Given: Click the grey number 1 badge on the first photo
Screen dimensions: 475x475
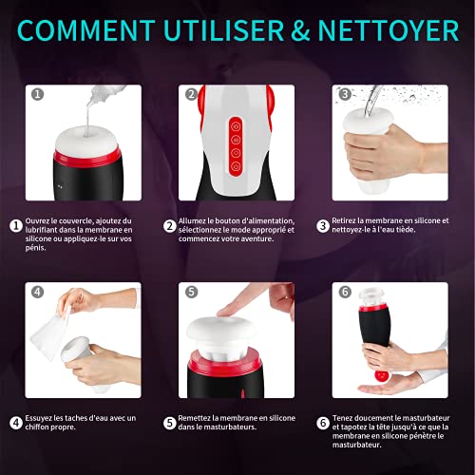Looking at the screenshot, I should click(37, 95).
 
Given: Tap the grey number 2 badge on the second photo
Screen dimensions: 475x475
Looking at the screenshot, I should click(190, 95).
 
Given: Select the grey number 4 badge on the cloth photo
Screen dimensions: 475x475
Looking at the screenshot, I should click(37, 293).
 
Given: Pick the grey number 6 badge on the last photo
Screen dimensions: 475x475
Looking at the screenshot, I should click(343, 293).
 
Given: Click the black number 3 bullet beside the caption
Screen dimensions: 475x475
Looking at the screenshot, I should click(324, 225).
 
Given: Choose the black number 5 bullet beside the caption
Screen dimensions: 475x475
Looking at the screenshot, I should click(170, 422).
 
